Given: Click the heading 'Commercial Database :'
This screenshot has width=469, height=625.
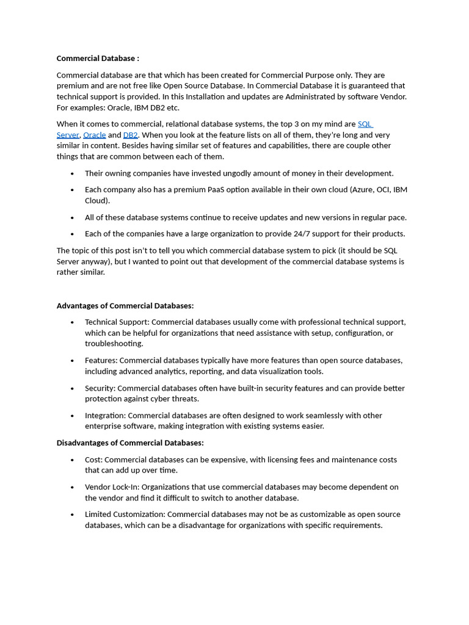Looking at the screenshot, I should [x=98, y=59].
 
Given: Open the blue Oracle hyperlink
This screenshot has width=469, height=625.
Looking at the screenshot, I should [x=94, y=135].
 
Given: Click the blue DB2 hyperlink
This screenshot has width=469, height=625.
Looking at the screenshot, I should [x=130, y=135].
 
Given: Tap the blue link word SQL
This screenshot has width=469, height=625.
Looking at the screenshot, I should [x=365, y=124].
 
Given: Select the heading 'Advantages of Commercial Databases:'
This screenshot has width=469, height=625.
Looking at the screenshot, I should [x=125, y=306].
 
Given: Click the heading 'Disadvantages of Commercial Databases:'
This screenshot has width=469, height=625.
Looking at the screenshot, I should [x=130, y=443].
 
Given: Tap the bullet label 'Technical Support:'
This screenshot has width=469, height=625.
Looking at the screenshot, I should [x=117, y=322].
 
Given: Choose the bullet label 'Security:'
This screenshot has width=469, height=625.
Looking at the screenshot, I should [x=100, y=388].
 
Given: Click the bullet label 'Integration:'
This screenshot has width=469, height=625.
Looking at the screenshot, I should [x=106, y=416].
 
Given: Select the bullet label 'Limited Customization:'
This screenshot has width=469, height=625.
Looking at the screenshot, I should [x=125, y=515].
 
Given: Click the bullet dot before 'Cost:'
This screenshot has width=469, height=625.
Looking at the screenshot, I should [x=72, y=460].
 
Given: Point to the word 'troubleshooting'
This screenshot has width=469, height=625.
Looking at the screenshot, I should [x=114, y=344].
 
